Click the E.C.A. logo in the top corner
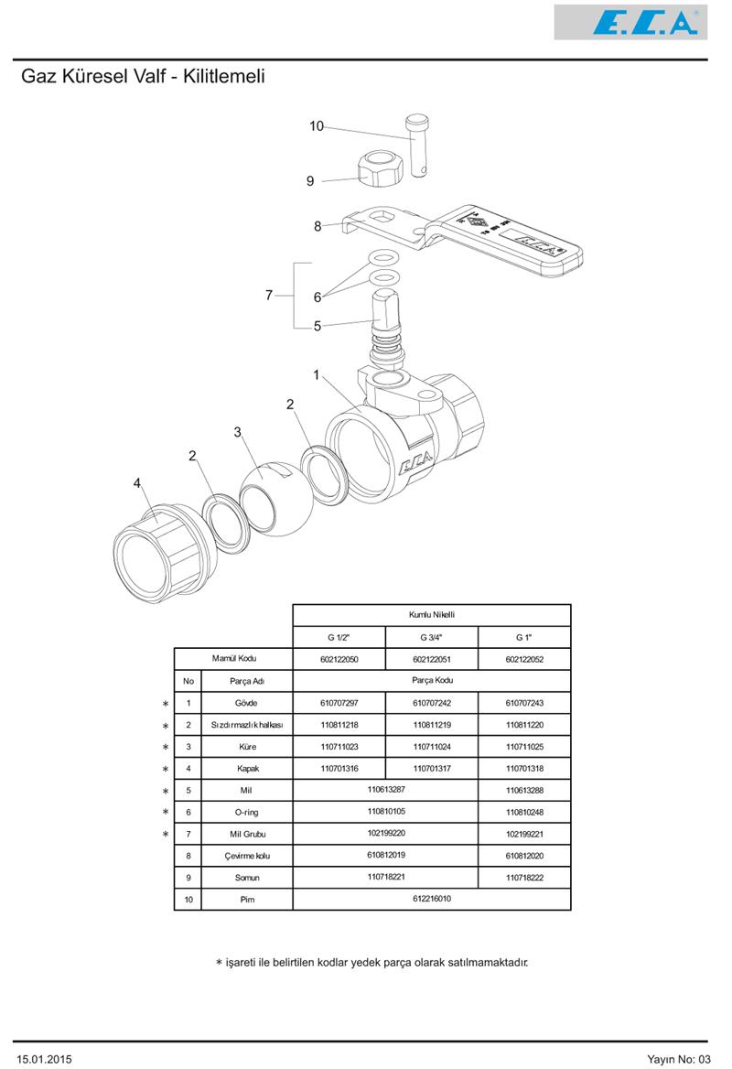[x=630, y=22]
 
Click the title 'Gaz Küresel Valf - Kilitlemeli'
[x=143, y=77]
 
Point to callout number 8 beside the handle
[x=318, y=226]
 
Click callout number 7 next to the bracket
[x=269, y=295]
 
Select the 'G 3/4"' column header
[x=431, y=637]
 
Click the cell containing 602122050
[x=339, y=659]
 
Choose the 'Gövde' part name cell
[x=246, y=703]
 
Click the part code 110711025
[x=524, y=747]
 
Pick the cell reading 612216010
[x=431, y=899]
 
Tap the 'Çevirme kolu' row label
[x=246, y=856]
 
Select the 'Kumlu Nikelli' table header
[x=431, y=615]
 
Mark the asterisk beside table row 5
[x=166, y=792]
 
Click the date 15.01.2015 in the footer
[x=44, y=1059]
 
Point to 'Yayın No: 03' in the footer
[x=678, y=1059]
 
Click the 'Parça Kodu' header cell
[x=431, y=680]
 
